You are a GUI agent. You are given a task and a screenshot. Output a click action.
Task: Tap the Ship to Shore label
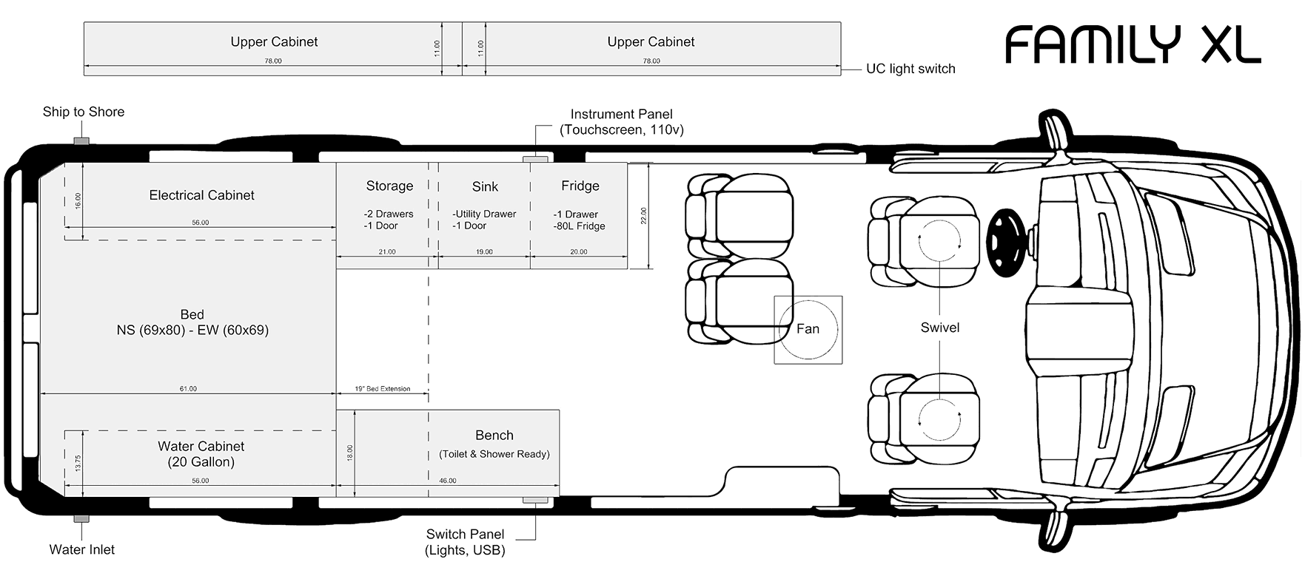click(83, 112)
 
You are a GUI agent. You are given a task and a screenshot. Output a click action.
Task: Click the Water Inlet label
click(81, 549)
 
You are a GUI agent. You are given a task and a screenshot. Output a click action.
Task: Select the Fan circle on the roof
click(808, 329)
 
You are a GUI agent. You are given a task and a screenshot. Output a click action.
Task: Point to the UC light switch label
click(910, 69)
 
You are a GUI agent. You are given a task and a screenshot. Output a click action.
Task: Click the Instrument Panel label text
click(621, 121)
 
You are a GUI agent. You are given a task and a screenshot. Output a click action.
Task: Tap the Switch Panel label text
click(465, 542)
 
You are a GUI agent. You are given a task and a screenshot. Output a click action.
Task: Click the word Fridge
click(580, 186)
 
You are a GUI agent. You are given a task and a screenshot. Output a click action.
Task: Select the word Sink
click(485, 187)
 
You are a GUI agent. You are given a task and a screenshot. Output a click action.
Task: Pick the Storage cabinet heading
click(389, 186)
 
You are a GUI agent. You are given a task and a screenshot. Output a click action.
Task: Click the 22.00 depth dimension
click(644, 216)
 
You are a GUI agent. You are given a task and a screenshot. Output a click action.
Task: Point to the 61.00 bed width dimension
click(188, 388)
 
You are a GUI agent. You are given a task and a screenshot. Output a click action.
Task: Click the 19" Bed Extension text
click(382, 388)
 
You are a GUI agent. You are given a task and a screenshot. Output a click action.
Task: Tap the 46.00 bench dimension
click(447, 481)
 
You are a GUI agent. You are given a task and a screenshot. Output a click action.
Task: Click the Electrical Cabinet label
click(201, 195)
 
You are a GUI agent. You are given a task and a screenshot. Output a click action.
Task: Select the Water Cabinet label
click(201, 454)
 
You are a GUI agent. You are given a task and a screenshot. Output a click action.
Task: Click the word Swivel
click(939, 328)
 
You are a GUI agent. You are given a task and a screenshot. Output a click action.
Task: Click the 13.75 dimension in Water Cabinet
click(78, 464)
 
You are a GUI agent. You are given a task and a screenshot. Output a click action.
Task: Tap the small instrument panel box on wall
click(535, 159)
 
